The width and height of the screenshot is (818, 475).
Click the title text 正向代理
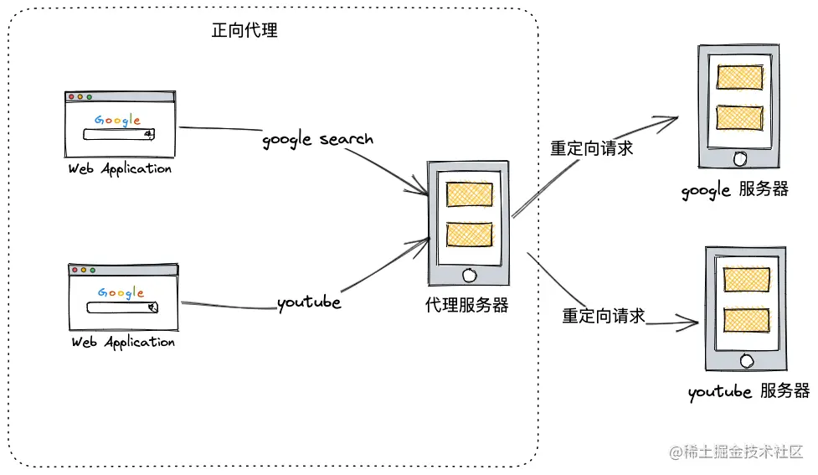click(244, 31)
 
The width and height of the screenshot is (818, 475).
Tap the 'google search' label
click(317, 139)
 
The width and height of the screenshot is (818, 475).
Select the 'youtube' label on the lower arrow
click(309, 302)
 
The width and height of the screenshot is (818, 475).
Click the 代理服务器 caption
click(466, 305)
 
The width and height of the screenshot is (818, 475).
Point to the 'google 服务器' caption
click(734, 190)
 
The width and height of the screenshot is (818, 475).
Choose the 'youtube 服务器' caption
click(749, 391)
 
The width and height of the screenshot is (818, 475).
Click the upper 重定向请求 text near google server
click(591, 148)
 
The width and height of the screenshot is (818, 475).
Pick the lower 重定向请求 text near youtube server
click(603, 316)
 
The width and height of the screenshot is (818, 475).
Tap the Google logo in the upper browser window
click(117, 120)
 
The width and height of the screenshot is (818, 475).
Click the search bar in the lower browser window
click(121, 307)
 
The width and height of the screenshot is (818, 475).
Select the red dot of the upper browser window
click(71, 97)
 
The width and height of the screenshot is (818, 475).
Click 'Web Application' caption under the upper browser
click(120, 169)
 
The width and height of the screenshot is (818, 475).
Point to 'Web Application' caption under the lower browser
click(123, 343)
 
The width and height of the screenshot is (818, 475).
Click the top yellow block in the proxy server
click(469, 194)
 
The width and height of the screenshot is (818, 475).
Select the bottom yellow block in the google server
click(739, 117)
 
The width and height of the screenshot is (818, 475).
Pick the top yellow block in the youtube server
click(746, 280)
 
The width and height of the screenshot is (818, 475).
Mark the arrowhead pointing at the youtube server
click(693, 321)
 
